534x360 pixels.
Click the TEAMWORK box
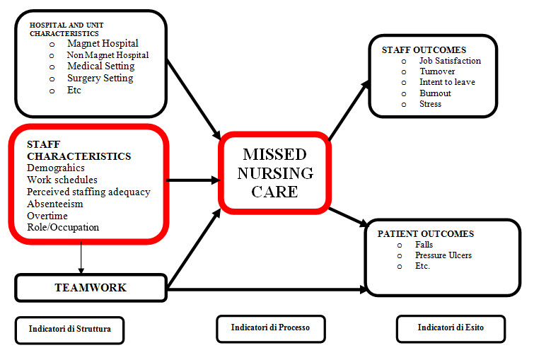[91, 288]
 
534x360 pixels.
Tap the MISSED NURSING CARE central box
[275, 173]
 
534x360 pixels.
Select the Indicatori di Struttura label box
[69, 330]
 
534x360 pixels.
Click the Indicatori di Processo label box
[271, 328]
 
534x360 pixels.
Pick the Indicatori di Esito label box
[451, 328]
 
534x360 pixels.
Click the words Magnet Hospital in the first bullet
[103, 44]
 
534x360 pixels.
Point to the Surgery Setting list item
[100, 78]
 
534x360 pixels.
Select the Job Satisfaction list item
[451, 61]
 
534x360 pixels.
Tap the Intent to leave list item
[447, 82]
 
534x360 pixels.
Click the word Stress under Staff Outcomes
[431, 104]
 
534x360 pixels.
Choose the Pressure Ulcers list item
[443, 255]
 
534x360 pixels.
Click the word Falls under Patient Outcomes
[424, 245]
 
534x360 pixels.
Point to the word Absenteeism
[55, 204]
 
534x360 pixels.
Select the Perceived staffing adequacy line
[88, 192]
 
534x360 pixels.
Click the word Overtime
[47, 216]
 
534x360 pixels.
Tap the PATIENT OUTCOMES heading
[426, 233]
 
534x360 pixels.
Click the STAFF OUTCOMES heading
[424, 50]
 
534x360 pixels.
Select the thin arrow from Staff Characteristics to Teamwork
[81, 257]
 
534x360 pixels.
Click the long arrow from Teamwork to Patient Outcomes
[267, 289]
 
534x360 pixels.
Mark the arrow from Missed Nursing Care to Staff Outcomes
[349, 110]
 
